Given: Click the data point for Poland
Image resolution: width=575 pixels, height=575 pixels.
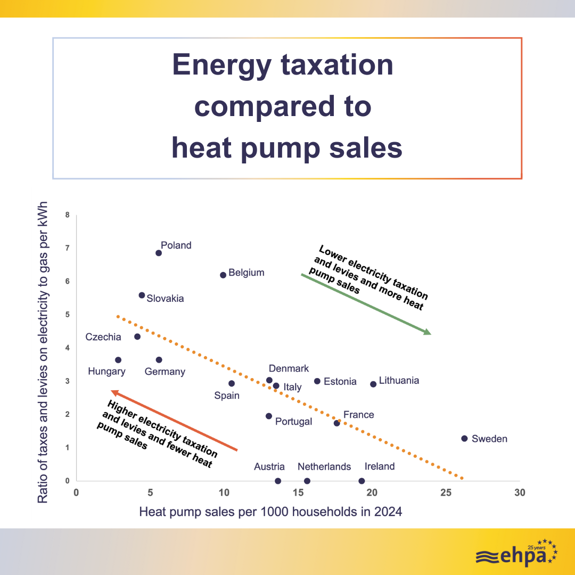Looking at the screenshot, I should [159, 253].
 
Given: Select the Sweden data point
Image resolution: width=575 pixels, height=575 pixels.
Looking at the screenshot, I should [464, 439].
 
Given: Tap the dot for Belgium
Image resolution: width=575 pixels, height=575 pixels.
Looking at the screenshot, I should [223, 275].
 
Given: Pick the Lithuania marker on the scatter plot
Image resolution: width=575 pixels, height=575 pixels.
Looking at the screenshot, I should [373, 384].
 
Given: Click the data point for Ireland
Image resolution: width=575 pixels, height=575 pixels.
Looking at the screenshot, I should [362, 481].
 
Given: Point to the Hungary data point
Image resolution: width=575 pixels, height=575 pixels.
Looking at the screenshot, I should [118, 360].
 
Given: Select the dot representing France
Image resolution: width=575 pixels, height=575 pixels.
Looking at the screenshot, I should [336, 423].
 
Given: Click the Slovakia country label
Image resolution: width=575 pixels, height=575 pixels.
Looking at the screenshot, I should [165, 299].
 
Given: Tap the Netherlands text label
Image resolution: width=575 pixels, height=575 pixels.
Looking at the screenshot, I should [324, 467].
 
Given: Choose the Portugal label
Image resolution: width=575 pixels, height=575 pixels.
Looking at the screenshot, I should [293, 422].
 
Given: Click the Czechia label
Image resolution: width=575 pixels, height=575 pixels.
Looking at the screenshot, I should [103, 337].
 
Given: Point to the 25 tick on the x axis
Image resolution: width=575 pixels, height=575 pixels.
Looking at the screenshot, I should [446, 493].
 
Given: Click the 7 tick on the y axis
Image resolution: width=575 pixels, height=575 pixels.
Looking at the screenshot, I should [67, 248].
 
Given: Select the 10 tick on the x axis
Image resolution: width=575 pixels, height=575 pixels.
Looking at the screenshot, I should [224, 493].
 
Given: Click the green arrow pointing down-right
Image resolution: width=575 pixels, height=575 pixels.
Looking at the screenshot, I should [366, 304].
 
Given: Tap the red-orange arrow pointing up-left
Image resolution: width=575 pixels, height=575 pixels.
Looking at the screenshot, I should [174, 421].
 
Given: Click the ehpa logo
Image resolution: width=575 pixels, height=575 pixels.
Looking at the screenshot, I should [516, 553].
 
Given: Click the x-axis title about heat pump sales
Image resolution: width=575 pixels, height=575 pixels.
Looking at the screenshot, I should [270, 512].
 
